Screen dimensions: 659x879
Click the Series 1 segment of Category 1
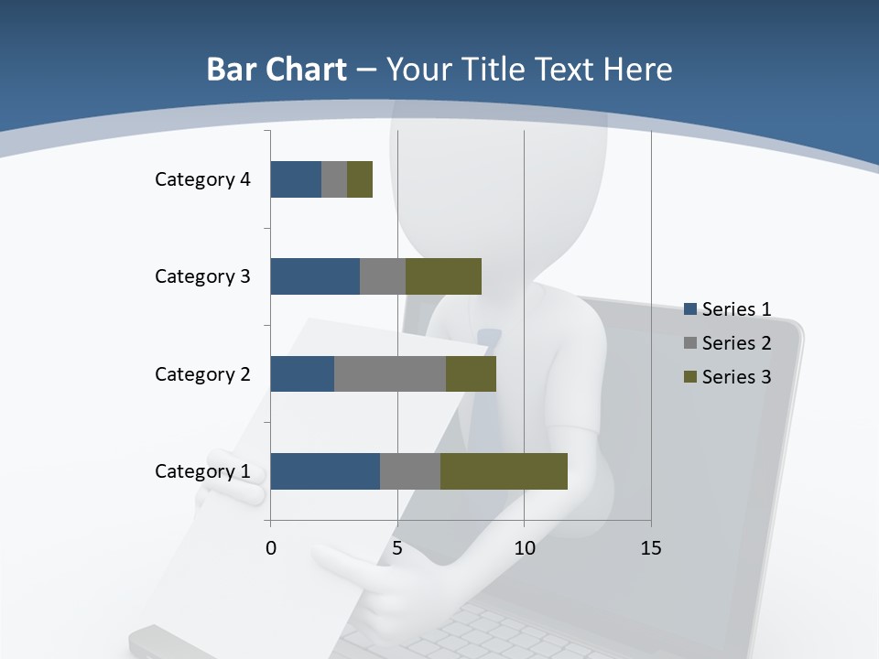coord(325,471)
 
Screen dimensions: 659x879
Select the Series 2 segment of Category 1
coord(410,471)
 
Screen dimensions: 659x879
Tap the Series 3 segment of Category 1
coord(504,471)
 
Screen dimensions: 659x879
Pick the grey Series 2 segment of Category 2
coord(390,373)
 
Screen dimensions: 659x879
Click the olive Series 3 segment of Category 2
coord(471,373)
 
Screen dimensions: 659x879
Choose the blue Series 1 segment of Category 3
coord(315,276)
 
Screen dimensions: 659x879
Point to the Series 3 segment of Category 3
coord(443,276)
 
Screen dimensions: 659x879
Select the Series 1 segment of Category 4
coord(296,179)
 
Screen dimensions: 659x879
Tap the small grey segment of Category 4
coord(334,179)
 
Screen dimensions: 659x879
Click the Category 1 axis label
coord(202,471)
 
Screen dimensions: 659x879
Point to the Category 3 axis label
coord(202,276)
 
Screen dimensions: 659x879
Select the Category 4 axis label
coord(202,179)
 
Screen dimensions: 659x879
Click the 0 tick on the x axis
coord(271,548)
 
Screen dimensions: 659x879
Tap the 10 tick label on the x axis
coord(524,548)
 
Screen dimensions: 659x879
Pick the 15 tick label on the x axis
coord(651,548)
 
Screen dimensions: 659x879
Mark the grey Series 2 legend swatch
coord(690,343)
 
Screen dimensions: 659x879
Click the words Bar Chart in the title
coord(277,70)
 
